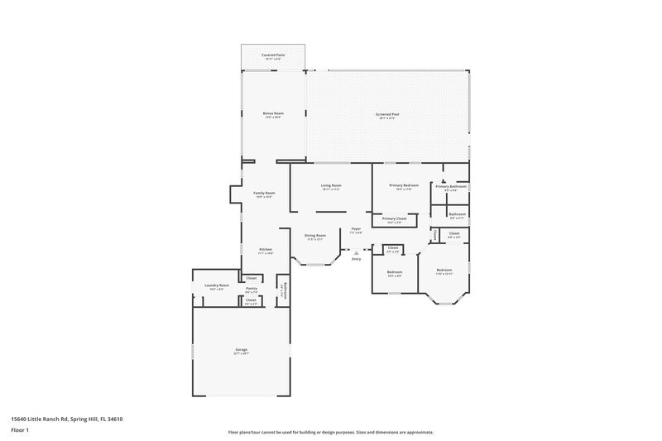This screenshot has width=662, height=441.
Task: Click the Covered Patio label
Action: (272, 55)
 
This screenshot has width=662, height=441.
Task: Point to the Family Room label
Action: (264, 193)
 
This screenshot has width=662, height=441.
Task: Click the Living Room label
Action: (331, 185)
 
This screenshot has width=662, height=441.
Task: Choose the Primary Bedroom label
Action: (404, 185)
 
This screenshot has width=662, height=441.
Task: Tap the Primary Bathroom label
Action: (452, 186)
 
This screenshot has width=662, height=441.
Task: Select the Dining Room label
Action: (314, 236)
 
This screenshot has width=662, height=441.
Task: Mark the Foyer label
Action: (356, 228)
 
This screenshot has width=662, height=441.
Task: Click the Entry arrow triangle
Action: (357, 253)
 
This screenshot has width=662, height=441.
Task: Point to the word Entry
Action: (357, 260)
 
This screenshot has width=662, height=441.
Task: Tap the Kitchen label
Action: (266, 249)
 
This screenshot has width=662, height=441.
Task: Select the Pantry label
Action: (252, 288)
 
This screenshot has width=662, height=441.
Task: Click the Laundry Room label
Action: (217, 285)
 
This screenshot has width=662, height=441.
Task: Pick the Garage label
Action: (242, 350)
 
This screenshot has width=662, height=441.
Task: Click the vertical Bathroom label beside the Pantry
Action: (281, 290)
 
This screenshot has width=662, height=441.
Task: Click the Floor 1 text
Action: (20, 431)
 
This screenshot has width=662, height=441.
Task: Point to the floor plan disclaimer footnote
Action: (331, 432)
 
